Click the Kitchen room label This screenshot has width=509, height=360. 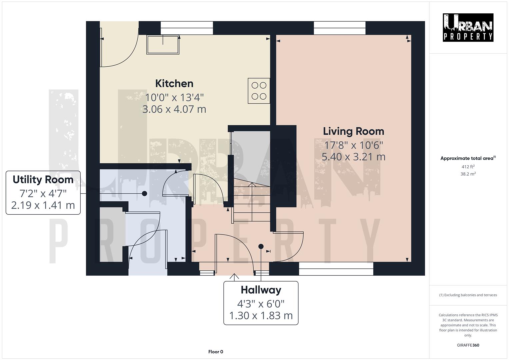(174, 83)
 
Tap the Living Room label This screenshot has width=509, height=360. (353, 131)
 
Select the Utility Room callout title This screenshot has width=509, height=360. (43, 180)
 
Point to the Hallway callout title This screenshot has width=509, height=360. (261, 290)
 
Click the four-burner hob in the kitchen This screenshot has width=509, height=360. (259, 91)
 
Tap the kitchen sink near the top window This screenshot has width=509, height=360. (163, 45)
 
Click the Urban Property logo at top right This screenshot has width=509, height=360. (468, 27)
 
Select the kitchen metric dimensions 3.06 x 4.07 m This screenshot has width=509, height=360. (174, 109)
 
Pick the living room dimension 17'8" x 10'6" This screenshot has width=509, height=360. (353, 145)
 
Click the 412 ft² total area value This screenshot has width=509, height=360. (468, 167)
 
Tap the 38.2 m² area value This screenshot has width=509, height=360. (468, 174)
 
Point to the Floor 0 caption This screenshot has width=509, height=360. (215, 352)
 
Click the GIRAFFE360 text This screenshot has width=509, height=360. (468, 345)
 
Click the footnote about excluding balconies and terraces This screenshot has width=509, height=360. (468, 295)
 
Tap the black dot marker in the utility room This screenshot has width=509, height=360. (144, 193)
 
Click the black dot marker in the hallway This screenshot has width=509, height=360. (261, 246)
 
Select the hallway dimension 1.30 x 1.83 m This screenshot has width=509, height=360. (261, 315)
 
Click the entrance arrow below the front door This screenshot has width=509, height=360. (234, 277)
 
